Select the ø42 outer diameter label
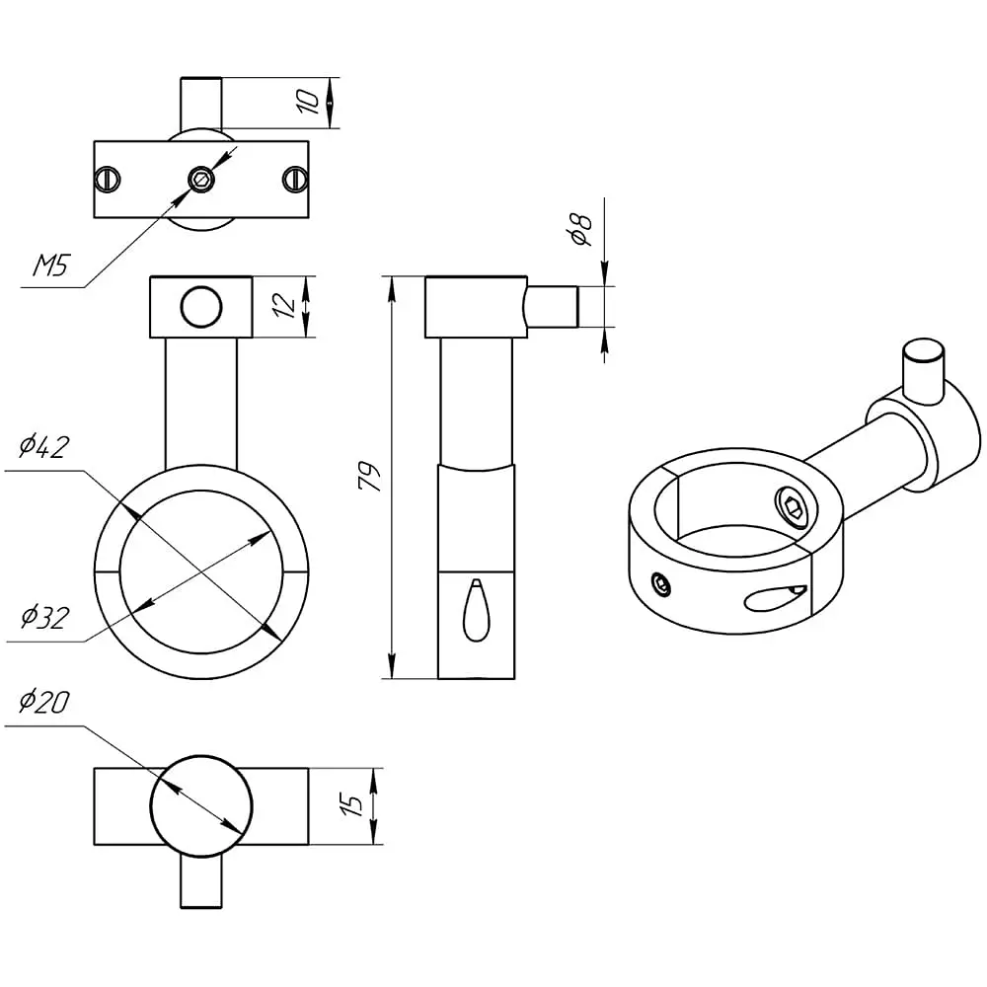click(43, 446)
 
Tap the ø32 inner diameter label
click(44, 617)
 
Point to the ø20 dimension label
click(43, 701)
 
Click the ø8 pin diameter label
click(580, 230)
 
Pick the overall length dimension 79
click(369, 477)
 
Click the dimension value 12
click(284, 305)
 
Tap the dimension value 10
click(308, 102)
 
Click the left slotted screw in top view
click(107, 180)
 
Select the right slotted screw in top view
click(294, 180)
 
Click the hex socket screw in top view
click(201, 180)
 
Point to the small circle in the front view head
click(201, 307)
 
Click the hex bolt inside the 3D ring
click(793, 503)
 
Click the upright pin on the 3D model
click(924, 369)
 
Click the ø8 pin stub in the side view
click(552, 307)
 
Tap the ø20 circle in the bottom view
click(201, 806)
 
